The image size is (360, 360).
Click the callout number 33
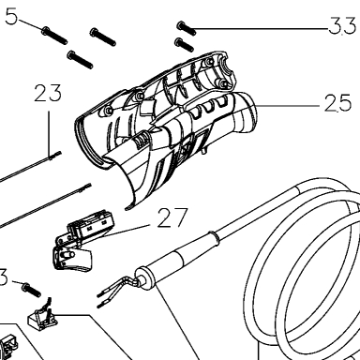[342, 25]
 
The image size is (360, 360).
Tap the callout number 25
[337, 103]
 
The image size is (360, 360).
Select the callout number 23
[48, 93]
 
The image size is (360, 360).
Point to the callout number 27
[172, 217]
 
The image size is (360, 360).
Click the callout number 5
[11, 17]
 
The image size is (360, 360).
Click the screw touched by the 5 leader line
[54, 36]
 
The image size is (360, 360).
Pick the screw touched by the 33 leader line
[187, 28]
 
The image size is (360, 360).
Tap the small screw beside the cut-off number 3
[31, 290]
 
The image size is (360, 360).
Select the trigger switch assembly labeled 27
[81, 241]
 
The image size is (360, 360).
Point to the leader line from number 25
[288, 106]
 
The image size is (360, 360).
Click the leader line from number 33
[262, 29]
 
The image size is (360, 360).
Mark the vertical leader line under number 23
[49, 134]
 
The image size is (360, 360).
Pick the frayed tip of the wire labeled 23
[55, 155]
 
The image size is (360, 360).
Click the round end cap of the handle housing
[246, 112]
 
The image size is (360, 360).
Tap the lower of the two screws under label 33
[185, 45]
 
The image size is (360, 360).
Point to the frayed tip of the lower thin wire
[85, 187]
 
